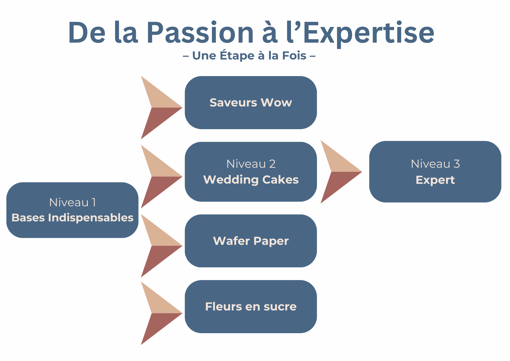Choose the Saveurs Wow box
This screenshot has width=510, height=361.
251,103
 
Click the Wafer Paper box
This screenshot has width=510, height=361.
251,241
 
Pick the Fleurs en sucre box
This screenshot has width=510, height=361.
251,306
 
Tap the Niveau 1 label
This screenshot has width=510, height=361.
73,202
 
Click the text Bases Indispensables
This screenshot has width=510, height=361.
73,218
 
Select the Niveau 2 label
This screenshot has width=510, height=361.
251,164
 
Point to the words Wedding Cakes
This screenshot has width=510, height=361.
251,180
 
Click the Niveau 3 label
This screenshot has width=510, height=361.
435,164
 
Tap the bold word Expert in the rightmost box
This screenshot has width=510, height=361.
435,180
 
